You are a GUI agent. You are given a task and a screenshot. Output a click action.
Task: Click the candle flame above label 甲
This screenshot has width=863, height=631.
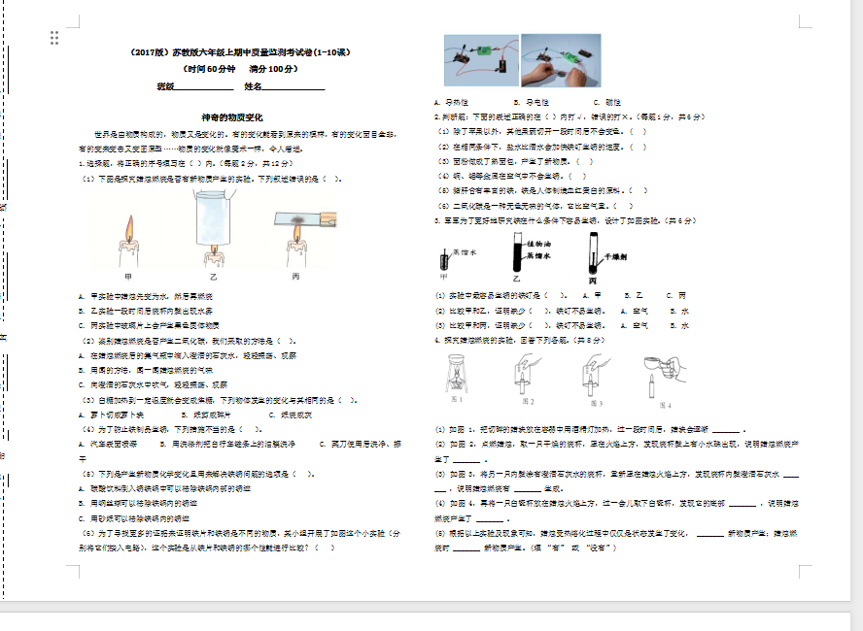pyautogui.click(x=127, y=229)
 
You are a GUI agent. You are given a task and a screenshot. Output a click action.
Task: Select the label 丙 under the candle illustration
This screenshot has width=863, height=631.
pyautogui.click(x=295, y=277)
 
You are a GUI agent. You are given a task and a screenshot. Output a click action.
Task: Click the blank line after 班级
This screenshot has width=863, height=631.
pyautogui.click(x=204, y=87)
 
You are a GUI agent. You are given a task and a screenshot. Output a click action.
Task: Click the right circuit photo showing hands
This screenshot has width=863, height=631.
pyautogui.click(x=561, y=60)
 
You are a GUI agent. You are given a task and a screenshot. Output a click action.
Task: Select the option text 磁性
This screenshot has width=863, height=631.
pyautogui.click(x=613, y=102)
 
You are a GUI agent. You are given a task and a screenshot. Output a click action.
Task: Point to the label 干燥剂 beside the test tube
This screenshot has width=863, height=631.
pyautogui.click(x=617, y=257)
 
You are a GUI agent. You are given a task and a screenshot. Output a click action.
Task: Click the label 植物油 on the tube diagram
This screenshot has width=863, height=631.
pyautogui.click(x=539, y=243)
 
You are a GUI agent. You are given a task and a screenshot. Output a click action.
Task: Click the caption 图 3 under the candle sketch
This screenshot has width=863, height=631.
pyautogui.click(x=595, y=402)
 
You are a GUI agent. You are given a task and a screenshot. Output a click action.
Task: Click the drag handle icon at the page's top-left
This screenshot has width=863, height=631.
pyautogui.click(x=54, y=38)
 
